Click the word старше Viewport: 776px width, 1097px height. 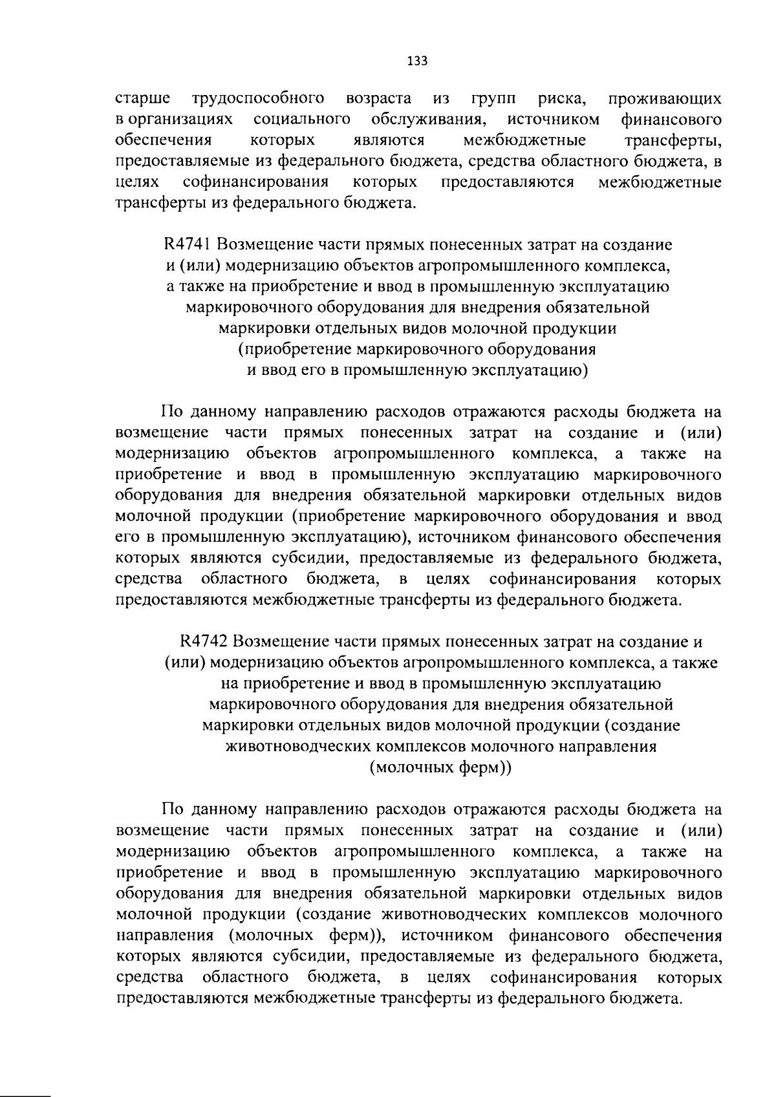tap(143, 99)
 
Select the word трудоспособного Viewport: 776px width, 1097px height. tap(258, 99)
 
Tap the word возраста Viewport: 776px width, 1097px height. tap(379, 99)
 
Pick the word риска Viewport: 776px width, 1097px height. tap(562, 99)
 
